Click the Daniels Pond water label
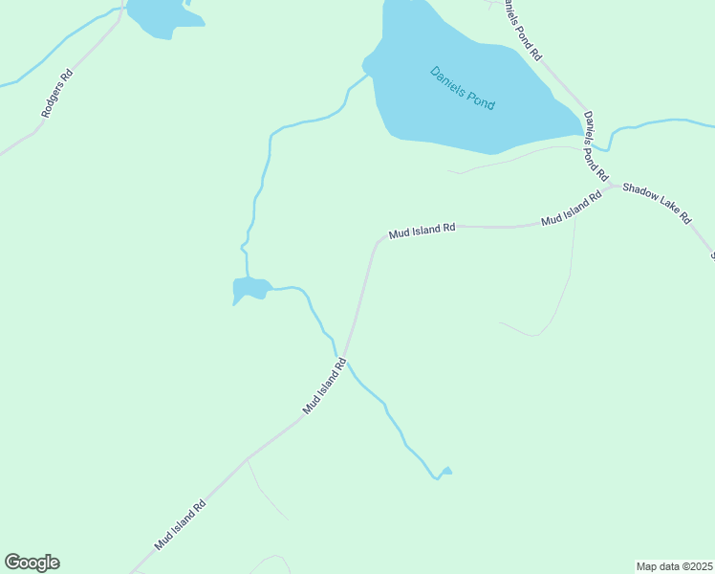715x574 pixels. point(463,87)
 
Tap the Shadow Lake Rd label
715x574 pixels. point(657,202)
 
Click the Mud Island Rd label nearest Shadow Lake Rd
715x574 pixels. point(571,208)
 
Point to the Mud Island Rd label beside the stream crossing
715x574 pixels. point(324,386)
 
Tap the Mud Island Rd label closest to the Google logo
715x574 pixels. point(181,526)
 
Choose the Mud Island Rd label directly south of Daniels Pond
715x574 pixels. point(422,231)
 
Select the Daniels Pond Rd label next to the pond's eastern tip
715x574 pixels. point(595,145)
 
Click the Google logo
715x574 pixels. point(32,563)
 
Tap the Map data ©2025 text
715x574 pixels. point(674,566)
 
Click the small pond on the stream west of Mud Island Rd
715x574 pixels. point(250,288)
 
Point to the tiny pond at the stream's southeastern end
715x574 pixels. point(445,471)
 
